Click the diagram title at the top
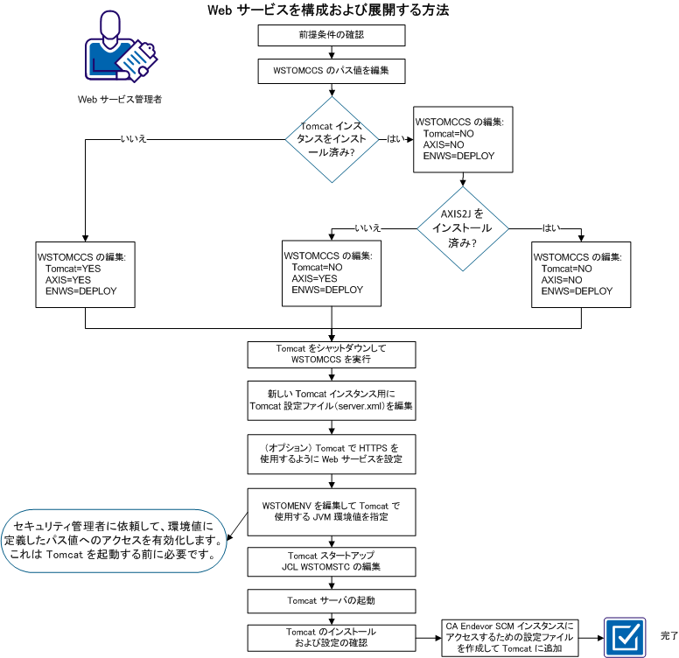[328, 10]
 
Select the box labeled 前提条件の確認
[332, 35]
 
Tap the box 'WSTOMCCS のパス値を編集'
[332, 70]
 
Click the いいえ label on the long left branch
[136, 137]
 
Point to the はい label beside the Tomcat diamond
[395, 138]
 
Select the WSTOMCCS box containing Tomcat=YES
[85, 273]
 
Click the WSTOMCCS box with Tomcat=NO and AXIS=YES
[332, 273]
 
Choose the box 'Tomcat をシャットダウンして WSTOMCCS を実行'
[332, 353]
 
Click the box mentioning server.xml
[332, 400]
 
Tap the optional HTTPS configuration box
[332, 452]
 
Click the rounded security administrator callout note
[115, 541]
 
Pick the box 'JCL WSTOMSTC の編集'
[332, 561]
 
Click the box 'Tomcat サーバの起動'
[332, 601]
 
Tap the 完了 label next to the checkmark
[668, 633]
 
